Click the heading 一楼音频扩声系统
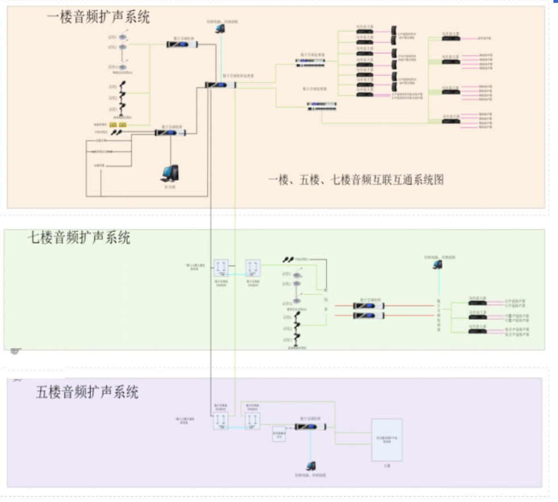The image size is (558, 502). (x=98, y=18)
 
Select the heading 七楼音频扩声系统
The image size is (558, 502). (x=79, y=237)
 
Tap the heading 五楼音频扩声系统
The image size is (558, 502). (x=87, y=392)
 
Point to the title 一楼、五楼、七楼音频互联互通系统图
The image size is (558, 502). (x=356, y=179)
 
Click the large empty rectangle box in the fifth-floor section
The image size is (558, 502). (x=386, y=440)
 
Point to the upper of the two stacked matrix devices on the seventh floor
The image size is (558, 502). (x=368, y=306)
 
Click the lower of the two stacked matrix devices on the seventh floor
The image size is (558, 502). (x=368, y=315)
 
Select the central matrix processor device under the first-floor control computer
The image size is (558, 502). (x=220, y=85)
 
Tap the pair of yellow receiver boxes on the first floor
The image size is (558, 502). (x=118, y=124)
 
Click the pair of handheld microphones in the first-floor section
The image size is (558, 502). (x=116, y=132)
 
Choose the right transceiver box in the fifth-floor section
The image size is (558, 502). (x=252, y=421)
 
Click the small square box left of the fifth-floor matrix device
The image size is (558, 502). (x=278, y=434)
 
